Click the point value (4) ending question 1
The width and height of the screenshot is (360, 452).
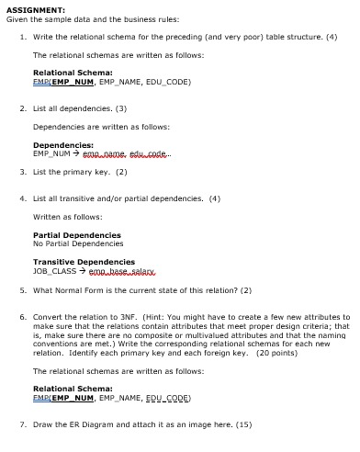coord(332,37)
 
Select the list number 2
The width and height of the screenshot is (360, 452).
coord(22,107)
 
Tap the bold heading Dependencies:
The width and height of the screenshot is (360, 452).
coord(63,144)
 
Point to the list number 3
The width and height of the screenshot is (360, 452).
coord(22,172)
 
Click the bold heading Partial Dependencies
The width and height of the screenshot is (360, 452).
coord(77,235)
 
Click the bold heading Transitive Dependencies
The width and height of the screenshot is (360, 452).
coord(83,262)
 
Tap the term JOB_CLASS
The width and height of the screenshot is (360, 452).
coord(52,270)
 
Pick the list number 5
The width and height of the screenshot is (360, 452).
coord(22,290)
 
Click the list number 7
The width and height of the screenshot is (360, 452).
coord(22,424)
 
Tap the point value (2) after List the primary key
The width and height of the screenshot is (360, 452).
coord(121,172)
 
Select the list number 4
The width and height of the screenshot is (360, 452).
coord(22,198)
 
